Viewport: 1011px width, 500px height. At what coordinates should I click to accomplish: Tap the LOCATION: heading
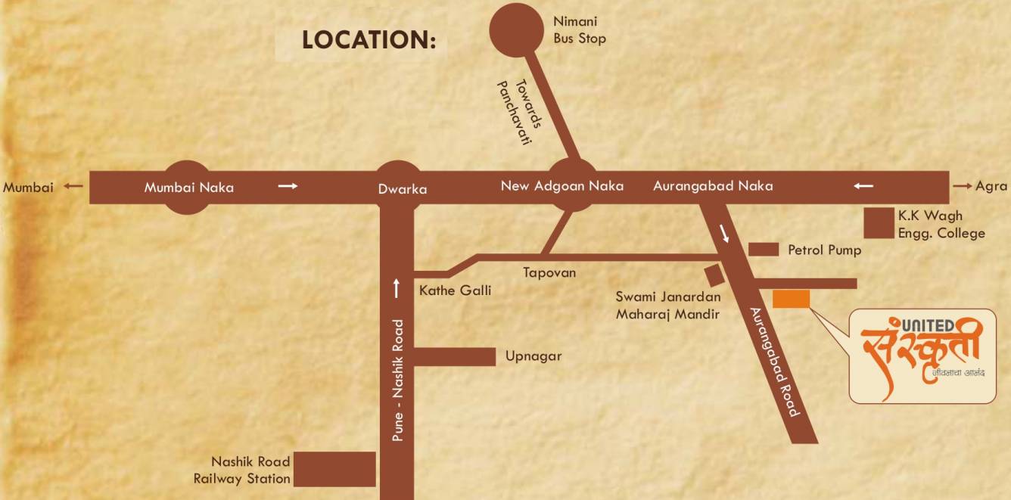coord(369,41)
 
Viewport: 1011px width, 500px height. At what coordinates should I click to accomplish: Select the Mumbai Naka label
coord(189,188)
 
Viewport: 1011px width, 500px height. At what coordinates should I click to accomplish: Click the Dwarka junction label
coord(403,189)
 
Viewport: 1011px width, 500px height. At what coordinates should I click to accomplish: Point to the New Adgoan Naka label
coord(562,185)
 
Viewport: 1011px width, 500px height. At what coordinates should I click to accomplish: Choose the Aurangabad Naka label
coord(713,185)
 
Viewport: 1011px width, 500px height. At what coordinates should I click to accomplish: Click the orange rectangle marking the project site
coord(791,299)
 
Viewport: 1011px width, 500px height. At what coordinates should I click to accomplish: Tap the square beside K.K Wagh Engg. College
coord(879,223)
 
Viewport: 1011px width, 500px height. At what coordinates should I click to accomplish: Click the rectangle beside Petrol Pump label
coord(763,250)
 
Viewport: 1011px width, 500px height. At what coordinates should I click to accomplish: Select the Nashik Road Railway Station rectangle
coord(334,469)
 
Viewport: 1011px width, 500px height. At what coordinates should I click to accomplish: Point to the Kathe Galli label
coord(455,290)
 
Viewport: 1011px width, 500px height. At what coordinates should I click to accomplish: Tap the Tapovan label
coord(549,272)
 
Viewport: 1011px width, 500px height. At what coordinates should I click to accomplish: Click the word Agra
coord(991,186)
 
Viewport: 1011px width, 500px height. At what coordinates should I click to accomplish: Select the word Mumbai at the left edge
coord(28,188)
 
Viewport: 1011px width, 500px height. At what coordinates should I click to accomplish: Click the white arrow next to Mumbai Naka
coord(288,186)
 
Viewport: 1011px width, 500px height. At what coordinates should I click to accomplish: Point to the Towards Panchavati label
coord(514,111)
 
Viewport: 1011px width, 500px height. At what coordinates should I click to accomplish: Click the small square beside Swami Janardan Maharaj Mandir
coord(712,273)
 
